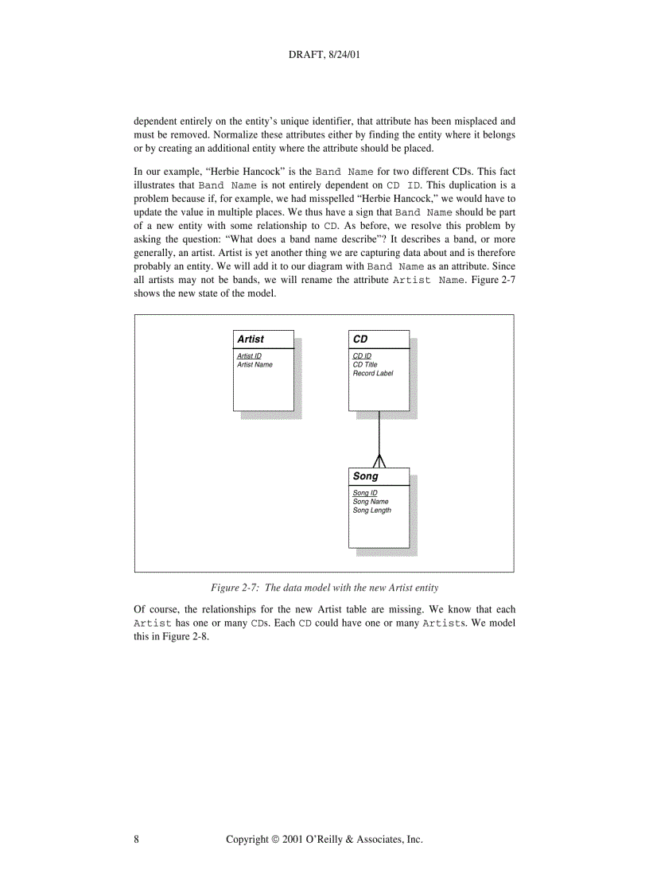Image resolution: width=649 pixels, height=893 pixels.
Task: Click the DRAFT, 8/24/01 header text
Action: click(324, 56)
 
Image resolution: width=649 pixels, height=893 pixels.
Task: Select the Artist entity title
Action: click(251, 340)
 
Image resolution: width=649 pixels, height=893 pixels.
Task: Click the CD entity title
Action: click(360, 340)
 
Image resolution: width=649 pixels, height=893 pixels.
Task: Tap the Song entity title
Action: click(365, 476)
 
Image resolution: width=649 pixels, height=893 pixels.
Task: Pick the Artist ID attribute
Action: click(249, 356)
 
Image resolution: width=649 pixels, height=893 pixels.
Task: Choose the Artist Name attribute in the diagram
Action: click(255, 365)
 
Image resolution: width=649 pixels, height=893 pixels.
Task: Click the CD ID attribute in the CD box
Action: click(362, 356)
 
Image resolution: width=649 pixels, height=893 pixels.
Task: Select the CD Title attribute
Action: click(365, 365)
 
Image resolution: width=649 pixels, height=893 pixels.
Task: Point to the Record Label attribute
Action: click(372, 373)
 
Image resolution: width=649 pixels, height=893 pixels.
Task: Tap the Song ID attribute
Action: click(364, 494)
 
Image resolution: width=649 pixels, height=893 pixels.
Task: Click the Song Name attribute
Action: click(370, 502)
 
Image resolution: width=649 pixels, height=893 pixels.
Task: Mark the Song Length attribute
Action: click(371, 511)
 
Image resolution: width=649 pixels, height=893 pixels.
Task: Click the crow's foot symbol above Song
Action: click(379, 460)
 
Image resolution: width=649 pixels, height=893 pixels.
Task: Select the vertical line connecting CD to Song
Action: click(379, 433)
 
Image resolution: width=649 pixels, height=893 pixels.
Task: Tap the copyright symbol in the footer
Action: click(274, 839)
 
